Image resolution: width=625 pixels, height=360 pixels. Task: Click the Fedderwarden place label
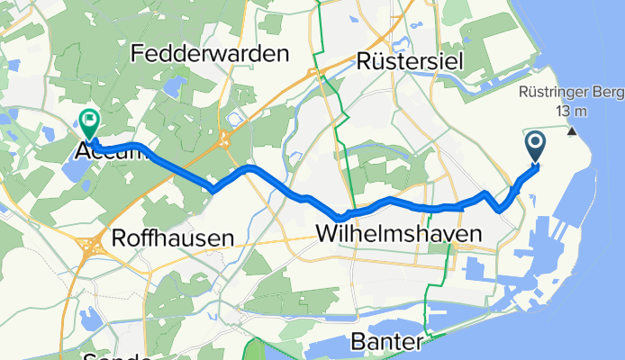pyautogui.click(x=211, y=53)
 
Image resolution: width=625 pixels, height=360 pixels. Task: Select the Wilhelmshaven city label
pyautogui.click(x=398, y=235)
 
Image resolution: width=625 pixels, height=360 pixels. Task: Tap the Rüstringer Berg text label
pyautogui.click(x=566, y=92)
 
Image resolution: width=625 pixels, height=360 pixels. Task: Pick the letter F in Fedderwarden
pyautogui.click(x=137, y=53)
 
